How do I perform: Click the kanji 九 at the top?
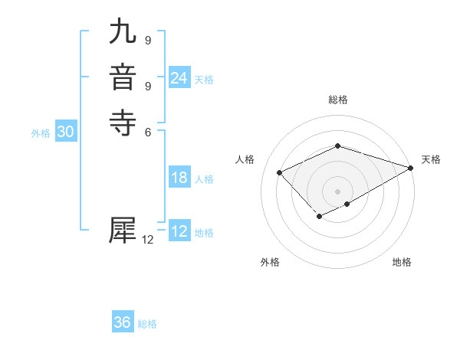point(123,33)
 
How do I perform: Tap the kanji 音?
point(123,78)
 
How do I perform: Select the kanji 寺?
point(123,123)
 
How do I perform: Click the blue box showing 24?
point(179,78)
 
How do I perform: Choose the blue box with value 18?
point(179,178)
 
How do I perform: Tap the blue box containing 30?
point(66,132)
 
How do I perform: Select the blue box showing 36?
point(123,322)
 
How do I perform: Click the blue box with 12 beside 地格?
point(179,231)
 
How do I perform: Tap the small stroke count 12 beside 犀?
point(148,240)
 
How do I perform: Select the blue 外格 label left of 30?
point(41,133)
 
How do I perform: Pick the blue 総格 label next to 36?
point(147,324)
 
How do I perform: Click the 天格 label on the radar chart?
point(431,159)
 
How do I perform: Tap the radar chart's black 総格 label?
point(337,100)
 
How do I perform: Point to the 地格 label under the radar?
point(402,262)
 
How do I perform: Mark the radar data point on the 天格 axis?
point(411,168)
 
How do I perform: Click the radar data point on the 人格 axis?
point(280,172)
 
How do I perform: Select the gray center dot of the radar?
point(337,191)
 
